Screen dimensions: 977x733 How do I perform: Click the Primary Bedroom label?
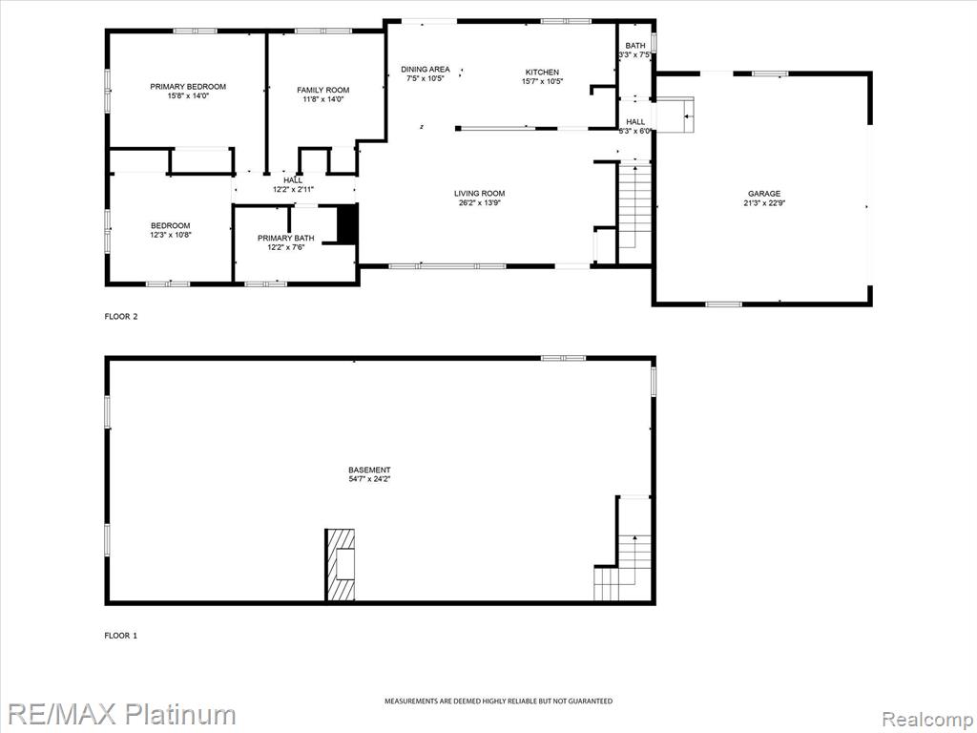pos(188,87)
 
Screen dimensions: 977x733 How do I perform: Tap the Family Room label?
pos(322,90)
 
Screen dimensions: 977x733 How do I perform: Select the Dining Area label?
pos(425,69)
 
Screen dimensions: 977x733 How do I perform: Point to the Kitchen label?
pos(542,73)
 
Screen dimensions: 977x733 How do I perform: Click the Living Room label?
pos(479,193)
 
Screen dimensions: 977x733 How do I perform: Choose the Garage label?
pos(764,194)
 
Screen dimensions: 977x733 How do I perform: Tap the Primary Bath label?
pos(286,238)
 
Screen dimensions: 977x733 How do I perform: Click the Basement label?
pos(369,470)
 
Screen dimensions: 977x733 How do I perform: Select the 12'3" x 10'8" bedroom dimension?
pos(170,235)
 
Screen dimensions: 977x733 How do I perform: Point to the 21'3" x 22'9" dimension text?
pos(764,202)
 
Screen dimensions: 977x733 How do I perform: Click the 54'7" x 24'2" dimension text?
pos(369,479)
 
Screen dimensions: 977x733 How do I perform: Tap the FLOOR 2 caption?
pos(121,317)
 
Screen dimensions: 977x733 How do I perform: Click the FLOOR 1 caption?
pos(121,636)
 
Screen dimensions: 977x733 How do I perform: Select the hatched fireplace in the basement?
pos(341,565)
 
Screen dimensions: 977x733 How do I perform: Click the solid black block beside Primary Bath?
pos(347,223)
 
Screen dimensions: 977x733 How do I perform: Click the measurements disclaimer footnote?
pos(498,702)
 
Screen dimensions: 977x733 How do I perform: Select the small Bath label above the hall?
pos(635,46)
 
